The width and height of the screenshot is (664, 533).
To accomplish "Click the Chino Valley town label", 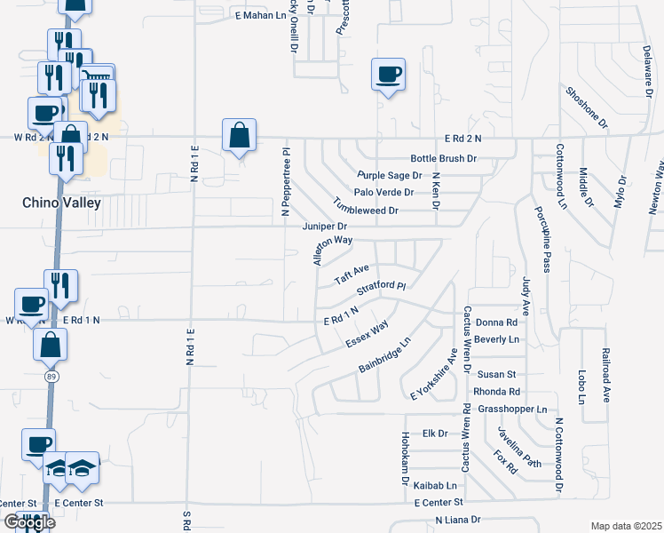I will pos(59,203).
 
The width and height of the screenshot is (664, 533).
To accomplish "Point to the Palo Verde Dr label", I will pos(383,192).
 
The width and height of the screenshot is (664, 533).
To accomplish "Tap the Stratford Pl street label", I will pos(381,290).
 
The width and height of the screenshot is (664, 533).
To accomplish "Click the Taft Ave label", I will pos(351,274).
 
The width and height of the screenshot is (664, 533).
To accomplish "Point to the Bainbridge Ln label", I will pos(385,354).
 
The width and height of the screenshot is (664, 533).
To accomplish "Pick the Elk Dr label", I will pos(434,434).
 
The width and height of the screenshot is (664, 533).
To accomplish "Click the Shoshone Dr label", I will pos(586,106).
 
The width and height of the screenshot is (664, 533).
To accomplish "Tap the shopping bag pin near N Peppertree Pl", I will pos(239,137).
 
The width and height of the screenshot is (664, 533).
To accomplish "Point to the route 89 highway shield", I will pos(53,377).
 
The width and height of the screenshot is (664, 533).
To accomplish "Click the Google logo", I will pos(28,522).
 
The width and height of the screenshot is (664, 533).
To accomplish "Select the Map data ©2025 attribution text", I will pos(627,526).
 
